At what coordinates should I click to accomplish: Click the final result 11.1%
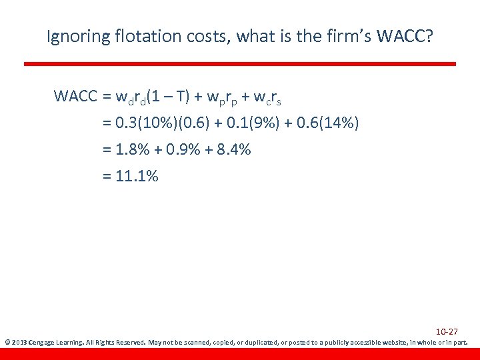[137, 177]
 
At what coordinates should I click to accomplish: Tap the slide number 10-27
[447, 331]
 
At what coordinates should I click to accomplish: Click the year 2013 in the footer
[19, 343]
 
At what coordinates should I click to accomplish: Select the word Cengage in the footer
[43, 343]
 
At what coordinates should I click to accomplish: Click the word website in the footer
[395, 343]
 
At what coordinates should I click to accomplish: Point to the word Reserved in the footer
[130, 343]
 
